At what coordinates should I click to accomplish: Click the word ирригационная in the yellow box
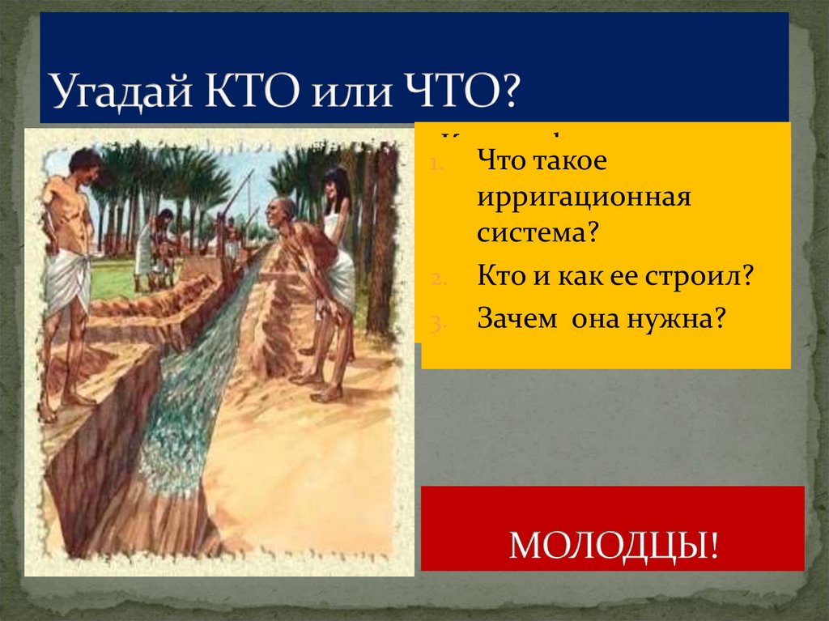(x=583, y=197)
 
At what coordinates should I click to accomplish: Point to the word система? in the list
(x=537, y=236)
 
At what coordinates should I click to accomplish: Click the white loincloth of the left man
(x=67, y=279)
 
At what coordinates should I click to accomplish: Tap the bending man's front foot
(x=327, y=394)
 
